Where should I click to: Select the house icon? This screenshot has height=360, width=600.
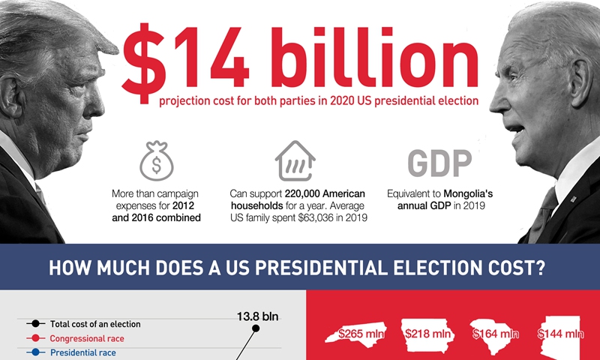click(295, 161)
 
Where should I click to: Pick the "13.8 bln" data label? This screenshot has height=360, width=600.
click(257, 316)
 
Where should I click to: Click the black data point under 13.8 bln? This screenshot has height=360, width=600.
click(256, 328)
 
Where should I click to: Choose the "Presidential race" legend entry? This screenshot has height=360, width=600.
click(82, 352)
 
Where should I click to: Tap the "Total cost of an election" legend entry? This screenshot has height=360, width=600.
click(94, 324)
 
